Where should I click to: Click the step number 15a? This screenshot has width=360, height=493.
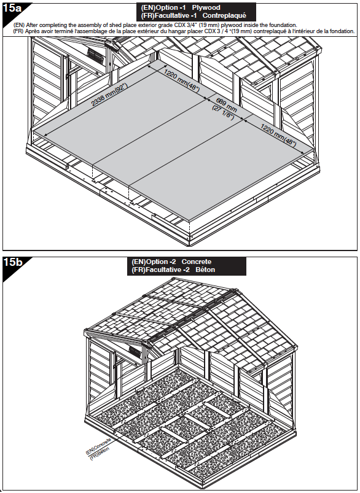(12, 8)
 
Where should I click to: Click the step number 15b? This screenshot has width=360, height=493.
(12, 262)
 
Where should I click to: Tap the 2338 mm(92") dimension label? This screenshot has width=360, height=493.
(109, 95)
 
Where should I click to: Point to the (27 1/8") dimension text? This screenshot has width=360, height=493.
(223, 112)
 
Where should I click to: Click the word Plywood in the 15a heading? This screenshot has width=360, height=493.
(206, 7)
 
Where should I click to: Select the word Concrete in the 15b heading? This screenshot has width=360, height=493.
(197, 262)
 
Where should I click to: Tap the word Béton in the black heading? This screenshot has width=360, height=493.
(205, 270)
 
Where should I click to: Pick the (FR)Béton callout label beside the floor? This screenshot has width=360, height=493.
(100, 453)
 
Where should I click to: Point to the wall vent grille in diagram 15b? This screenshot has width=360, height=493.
(135, 352)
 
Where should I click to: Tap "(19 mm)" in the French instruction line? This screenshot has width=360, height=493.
(241, 31)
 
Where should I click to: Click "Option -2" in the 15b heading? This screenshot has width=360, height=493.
(161, 262)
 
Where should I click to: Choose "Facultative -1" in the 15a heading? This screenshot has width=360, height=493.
(175, 15)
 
